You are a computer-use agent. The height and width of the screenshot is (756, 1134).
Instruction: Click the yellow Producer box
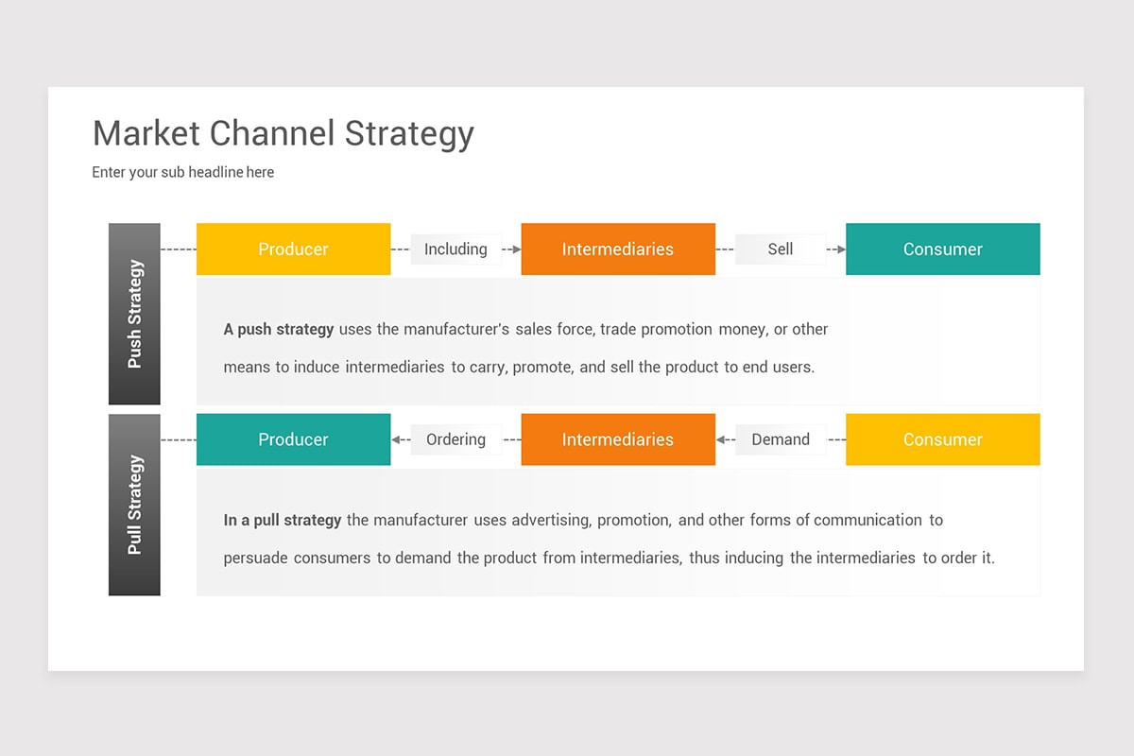click(x=293, y=249)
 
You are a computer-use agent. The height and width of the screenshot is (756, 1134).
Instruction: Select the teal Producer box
click(x=293, y=439)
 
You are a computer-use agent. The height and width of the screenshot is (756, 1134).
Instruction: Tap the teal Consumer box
click(x=942, y=249)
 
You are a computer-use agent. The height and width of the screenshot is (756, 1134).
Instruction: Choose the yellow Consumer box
click(x=942, y=439)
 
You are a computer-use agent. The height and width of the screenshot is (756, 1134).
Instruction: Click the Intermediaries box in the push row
click(x=617, y=249)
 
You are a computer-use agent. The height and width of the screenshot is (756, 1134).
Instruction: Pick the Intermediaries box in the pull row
click(x=617, y=439)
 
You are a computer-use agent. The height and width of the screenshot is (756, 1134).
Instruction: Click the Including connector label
click(x=455, y=249)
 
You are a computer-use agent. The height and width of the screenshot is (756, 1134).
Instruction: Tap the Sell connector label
click(x=780, y=249)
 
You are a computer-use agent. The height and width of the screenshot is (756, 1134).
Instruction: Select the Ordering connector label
click(x=455, y=439)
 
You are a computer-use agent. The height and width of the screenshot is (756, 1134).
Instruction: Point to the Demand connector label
click(x=780, y=439)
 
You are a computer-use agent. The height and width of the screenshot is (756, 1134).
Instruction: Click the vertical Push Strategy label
click(x=134, y=314)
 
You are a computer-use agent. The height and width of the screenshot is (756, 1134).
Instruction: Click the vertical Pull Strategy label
click(x=134, y=505)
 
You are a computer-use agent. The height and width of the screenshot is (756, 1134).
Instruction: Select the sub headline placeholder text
click(x=182, y=172)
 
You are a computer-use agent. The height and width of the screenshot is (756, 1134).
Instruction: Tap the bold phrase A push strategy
click(x=278, y=330)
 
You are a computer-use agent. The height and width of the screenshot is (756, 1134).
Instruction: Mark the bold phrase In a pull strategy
click(x=282, y=520)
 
